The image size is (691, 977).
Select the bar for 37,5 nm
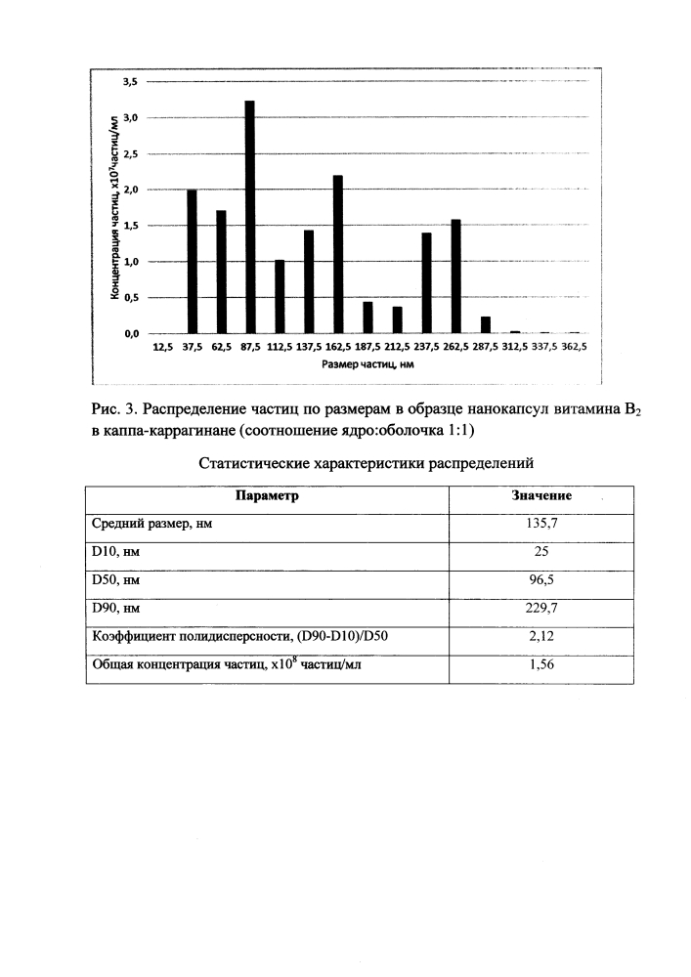(192, 262)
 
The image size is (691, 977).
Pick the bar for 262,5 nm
(455, 276)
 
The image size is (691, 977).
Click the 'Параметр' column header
(267, 496)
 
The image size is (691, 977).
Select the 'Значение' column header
(542, 496)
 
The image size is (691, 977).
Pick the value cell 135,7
(542, 524)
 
